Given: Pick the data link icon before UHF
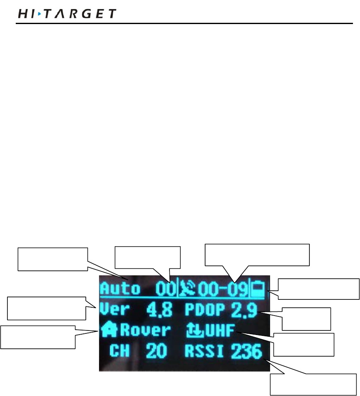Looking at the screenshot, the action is pos(192,330).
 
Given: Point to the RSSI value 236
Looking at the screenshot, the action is pos(246,352).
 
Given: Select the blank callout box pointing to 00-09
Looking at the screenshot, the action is pos(258,255).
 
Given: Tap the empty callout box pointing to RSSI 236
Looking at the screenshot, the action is pos(313,384).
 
